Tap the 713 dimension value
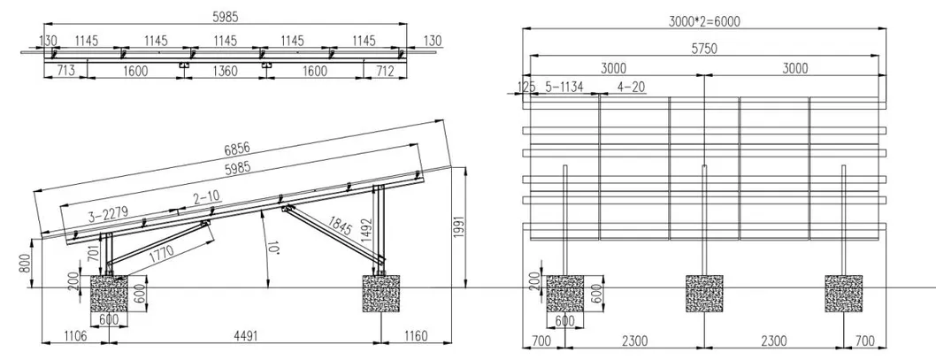pyautogui.click(x=65, y=71)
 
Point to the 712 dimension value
pyautogui.click(x=385, y=71)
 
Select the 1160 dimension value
pyautogui.click(x=412, y=335)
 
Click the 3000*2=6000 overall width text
pyautogui.click(x=703, y=19)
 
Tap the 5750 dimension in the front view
pyautogui.click(x=704, y=50)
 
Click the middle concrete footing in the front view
pyautogui.click(x=704, y=293)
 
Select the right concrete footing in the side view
pyautogui.click(x=380, y=293)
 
